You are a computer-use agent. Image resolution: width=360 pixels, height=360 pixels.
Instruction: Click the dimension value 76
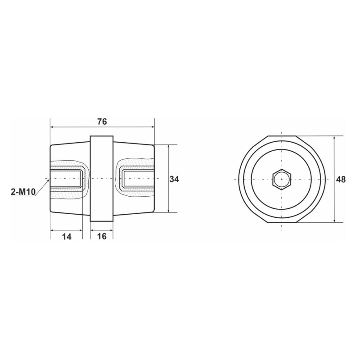point(102,121)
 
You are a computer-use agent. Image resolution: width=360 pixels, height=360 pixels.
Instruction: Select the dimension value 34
point(174,179)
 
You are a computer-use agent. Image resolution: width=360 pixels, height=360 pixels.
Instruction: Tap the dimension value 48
point(341,179)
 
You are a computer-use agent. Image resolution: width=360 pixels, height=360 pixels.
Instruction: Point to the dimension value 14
point(66,237)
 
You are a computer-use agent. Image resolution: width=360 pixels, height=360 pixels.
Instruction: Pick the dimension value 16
point(102,237)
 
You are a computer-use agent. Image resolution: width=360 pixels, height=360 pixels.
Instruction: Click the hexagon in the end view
point(282,179)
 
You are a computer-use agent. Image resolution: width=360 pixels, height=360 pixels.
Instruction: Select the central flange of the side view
point(102,179)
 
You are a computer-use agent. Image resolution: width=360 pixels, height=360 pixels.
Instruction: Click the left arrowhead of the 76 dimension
point(52,127)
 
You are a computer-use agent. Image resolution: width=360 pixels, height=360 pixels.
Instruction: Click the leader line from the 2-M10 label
point(41,185)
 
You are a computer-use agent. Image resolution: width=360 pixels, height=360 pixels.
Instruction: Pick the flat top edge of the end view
point(282,136)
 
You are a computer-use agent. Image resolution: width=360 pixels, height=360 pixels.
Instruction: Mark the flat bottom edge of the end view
point(282,223)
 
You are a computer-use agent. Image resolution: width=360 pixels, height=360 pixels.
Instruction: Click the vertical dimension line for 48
point(334,198)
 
